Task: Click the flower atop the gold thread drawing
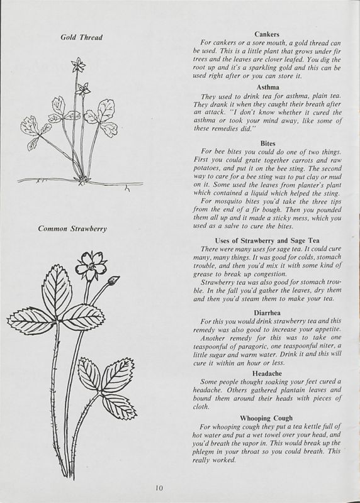(78, 65)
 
